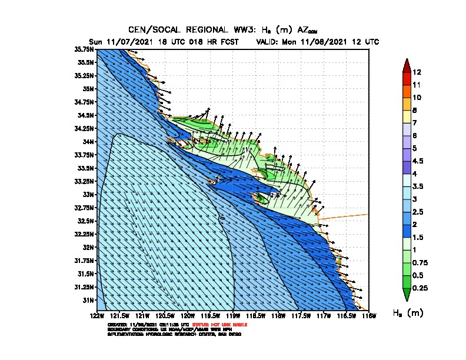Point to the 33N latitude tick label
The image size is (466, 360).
[x=88, y=194]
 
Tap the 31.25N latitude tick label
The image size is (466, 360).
[x=85, y=287]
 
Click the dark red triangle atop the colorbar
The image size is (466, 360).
[x=406, y=65]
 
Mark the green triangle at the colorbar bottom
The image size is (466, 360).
[x=406, y=294]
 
